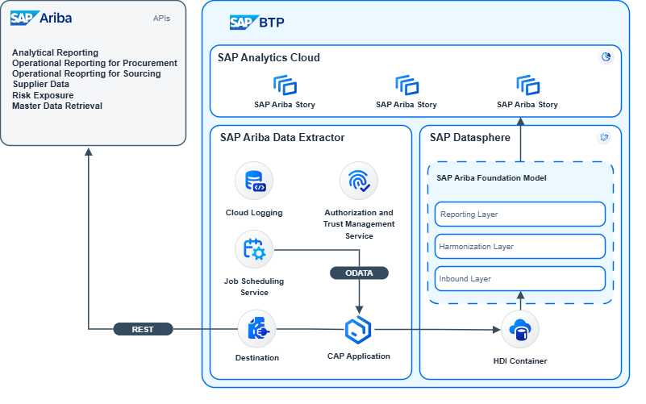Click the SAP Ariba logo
click(x=41, y=18)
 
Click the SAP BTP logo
click(x=256, y=23)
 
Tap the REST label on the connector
click(x=142, y=329)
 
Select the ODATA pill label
click(x=359, y=273)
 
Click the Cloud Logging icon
click(x=254, y=181)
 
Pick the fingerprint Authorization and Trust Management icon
click(x=359, y=181)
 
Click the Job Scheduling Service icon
click(x=254, y=249)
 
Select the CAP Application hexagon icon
click(x=358, y=329)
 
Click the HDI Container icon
click(x=520, y=330)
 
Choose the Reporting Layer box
click(x=520, y=214)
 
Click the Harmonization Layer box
click(x=520, y=247)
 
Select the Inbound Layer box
click(x=520, y=279)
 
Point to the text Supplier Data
click(x=40, y=84)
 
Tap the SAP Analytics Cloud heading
click(x=269, y=57)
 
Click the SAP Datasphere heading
click(x=469, y=137)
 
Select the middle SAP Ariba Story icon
click(x=406, y=85)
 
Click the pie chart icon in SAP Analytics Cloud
click(x=606, y=57)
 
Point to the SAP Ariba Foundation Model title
click(x=491, y=178)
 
